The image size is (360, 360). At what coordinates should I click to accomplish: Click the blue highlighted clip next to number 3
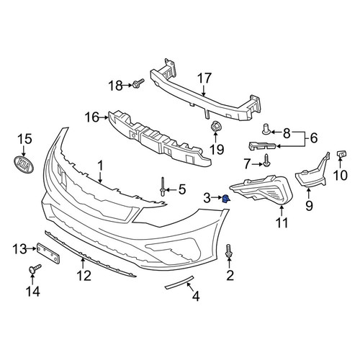coord(226,198)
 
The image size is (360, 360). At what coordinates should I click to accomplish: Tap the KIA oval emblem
coord(24,164)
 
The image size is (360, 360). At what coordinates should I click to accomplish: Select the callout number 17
coord(204,78)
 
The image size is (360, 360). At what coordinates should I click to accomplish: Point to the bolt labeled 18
coord(138,84)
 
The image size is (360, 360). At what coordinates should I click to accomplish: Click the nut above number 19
coord(215,127)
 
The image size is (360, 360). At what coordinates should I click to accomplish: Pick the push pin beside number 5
coord(163,186)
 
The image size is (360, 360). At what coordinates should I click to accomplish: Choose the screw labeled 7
coord(267,161)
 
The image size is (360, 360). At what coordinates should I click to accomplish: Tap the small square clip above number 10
coord(341,153)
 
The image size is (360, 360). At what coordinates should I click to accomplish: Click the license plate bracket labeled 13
coord(48,253)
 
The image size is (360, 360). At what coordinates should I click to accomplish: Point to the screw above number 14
coord(35,269)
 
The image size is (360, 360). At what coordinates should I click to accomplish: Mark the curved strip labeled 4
coord(179,282)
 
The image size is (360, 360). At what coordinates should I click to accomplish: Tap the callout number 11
coord(282,223)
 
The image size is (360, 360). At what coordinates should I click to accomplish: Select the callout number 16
coord(91,117)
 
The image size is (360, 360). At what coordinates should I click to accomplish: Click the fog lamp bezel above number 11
coord(261,190)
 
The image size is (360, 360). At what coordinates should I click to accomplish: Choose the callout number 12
coord(84,276)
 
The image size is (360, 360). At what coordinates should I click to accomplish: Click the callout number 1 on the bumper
coord(100,166)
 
